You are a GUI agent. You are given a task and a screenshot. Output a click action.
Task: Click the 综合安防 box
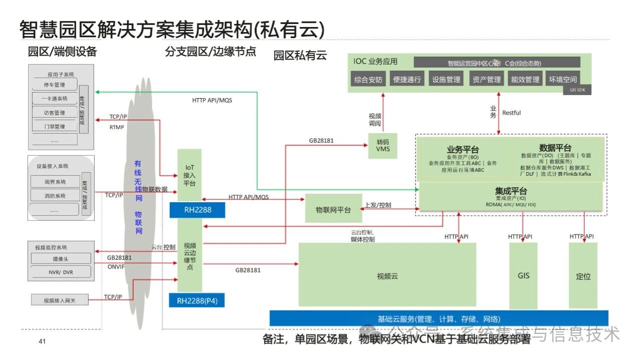[368, 80]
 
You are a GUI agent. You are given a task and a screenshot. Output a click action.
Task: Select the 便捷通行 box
[407, 80]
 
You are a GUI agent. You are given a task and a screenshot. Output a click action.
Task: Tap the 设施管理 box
[446, 80]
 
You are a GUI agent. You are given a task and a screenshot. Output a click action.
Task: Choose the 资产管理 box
[486, 80]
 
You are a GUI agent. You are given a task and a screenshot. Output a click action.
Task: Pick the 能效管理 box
[525, 80]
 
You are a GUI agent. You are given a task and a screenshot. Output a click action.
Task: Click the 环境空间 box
[563, 80]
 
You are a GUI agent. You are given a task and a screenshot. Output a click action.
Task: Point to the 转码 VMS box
[383, 146]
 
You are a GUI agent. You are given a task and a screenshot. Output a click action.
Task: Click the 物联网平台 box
[334, 209]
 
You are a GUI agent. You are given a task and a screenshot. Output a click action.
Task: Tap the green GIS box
[523, 275]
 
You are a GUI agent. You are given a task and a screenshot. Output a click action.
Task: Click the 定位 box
[583, 276]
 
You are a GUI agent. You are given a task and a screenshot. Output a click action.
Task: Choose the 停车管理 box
[54, 85]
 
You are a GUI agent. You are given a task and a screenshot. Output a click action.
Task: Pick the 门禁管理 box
[54, 127]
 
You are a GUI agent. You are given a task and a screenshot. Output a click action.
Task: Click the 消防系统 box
[54, 196]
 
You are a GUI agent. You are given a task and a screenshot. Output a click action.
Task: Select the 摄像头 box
[61, 259]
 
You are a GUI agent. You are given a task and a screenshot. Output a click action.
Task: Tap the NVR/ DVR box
[61, 272]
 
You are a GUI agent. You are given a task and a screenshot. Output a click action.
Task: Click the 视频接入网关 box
[60, 300]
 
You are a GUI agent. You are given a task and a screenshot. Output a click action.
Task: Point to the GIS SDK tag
[577, 90]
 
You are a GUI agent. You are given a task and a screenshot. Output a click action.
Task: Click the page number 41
[42, 341]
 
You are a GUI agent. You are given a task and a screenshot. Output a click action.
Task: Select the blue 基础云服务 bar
[439, 319]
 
